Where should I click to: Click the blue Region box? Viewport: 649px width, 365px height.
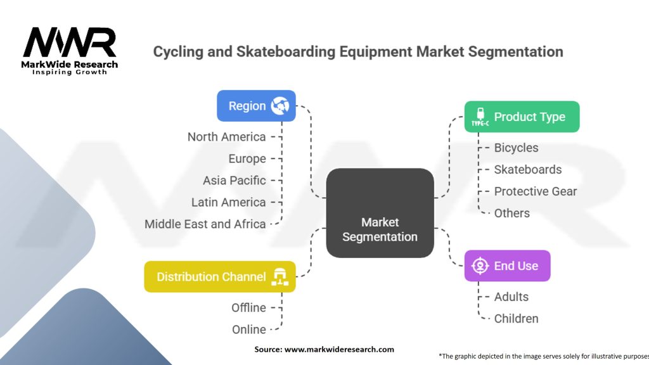tap(256, 106)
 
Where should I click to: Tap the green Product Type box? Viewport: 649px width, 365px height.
tap(522, 117)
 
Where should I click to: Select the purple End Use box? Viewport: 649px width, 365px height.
tap(507, 266)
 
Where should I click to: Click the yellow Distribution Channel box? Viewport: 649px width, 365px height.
tap(219, 277)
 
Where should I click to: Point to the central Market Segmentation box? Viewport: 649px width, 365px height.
tap(380, 229)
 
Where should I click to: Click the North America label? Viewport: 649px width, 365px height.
tap(226, 137)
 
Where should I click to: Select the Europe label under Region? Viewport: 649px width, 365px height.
tap(247, 158)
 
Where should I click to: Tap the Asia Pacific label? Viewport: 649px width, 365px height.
tap(234, 181)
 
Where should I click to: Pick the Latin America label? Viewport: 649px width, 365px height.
tap(228, 203)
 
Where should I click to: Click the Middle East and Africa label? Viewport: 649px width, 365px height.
tap(205, 224)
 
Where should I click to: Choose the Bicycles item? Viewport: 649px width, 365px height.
tap(516, 148)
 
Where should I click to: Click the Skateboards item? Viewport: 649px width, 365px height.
tap(527, 170)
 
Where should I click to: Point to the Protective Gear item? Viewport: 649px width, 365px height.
tap(536, 191)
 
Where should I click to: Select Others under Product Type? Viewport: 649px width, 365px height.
tap(511, 213)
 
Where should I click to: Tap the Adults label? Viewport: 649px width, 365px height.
tap(511, 297)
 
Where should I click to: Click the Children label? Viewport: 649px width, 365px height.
tap(516, 319)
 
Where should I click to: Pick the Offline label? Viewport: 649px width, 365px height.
tap(248, 308)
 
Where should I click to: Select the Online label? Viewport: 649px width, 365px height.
tap(248, 330)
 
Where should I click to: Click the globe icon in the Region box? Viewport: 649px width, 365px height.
tap(280, 106)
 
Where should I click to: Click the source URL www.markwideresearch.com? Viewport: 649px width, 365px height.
tap(340, 349)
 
